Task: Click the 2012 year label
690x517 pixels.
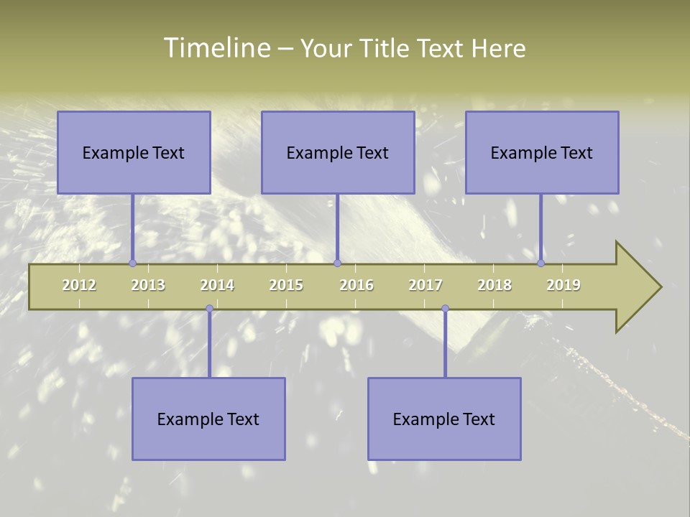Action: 79,285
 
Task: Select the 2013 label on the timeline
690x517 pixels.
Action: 148,285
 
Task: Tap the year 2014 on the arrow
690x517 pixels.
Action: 217,285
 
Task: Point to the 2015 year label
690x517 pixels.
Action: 286,285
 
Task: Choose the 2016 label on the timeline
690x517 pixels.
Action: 356,285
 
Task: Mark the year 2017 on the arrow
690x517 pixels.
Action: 425,285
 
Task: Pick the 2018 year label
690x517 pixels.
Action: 494,285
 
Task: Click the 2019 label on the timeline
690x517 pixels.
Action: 563,285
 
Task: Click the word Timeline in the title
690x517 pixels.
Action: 216,48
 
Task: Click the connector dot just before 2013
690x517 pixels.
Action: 132,264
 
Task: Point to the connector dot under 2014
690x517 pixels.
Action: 209,309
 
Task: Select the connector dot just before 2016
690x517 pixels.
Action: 337,264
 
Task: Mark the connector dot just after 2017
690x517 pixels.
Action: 445,309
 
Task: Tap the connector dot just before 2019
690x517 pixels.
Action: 541,264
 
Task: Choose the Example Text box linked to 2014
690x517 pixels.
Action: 208,419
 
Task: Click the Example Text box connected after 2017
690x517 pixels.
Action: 444,419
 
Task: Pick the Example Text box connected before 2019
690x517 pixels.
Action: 542,152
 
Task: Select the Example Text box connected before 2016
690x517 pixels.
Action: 338,152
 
